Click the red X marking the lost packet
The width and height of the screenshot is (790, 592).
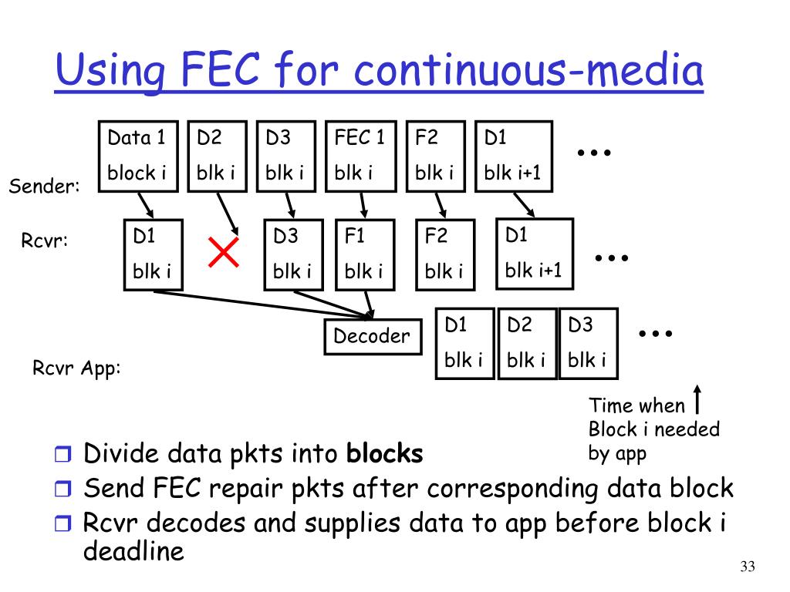224,252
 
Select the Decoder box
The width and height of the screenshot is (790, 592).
373,336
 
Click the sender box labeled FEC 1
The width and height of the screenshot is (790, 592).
360,156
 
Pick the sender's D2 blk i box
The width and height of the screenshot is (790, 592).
218,156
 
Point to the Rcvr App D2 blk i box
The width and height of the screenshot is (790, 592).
526,344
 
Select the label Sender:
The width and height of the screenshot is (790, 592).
45,186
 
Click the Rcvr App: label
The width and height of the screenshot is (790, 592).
76,368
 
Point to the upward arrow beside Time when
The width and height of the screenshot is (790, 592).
697,399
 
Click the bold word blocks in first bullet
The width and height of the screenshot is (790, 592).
385,454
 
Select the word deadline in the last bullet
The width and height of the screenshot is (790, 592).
133,551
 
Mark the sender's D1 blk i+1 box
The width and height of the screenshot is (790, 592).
513,156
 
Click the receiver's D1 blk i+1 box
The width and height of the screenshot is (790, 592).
534,254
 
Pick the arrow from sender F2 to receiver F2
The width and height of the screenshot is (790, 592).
439,205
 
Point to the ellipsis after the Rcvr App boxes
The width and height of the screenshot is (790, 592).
657,334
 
